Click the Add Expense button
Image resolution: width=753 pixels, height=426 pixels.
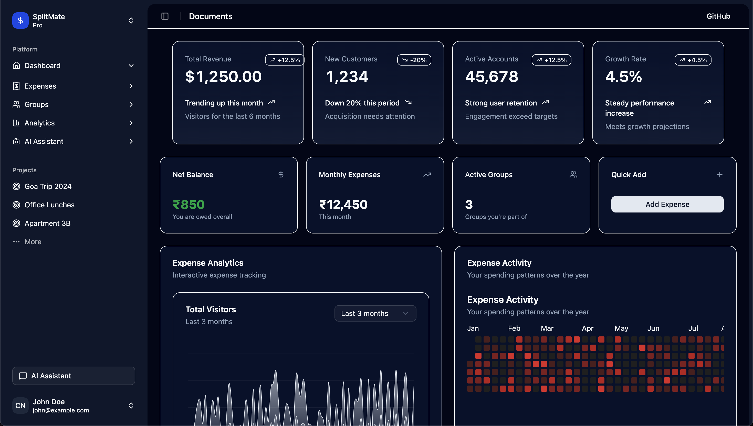click(x=667, y=204)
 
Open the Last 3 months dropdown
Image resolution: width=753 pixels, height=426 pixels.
click(x=375, y=313)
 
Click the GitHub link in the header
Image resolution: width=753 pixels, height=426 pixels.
click(x=718, y=16)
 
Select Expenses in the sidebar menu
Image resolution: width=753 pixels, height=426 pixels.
click(x=40, y=86)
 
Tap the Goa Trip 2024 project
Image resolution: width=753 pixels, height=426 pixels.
click(x=48, y=186)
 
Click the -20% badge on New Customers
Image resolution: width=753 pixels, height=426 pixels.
click(x=414, y=60)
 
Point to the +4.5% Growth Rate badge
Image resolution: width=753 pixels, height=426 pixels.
click(x=693, y=60)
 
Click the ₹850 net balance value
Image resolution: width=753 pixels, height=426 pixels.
click(x=189, y=205)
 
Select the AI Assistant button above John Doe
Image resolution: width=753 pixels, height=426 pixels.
click(x=74, y=376)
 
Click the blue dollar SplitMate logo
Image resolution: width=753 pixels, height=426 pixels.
click(x=20, y=20)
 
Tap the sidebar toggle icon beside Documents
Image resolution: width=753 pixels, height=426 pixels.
click(x=165, y=16)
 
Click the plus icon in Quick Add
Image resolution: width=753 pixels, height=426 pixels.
click(x=719, y=175)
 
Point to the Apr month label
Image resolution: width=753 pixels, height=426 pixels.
click(x=587, y=328)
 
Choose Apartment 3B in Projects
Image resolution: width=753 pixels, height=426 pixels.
click(x=47, y=223)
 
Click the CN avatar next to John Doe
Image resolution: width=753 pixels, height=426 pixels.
click(x=20, y=406)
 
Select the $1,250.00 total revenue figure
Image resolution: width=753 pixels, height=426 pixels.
click(x=223, y=77)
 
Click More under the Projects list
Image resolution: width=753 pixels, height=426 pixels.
click(x=33, y=242)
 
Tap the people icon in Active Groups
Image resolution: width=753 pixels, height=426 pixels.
click(x=573, y=175)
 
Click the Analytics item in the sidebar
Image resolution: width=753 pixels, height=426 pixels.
click(x=39, y=123)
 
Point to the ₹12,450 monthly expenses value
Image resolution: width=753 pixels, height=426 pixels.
click(x=343, y=205)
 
